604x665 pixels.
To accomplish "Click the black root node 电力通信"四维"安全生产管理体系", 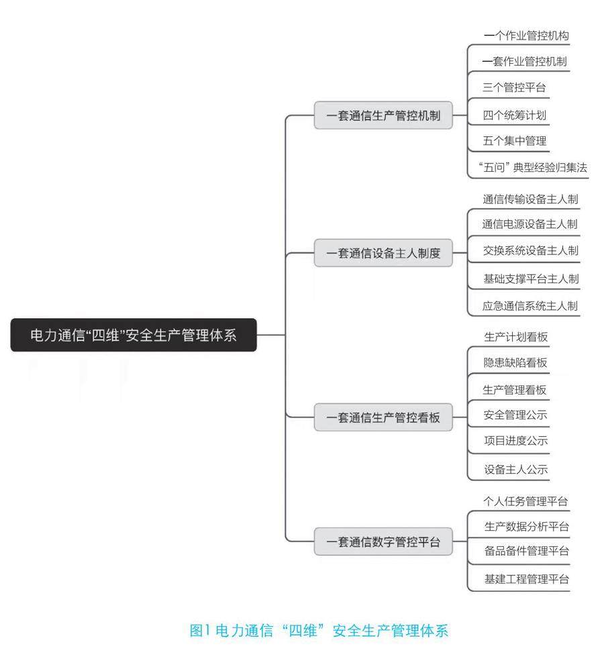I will tap(134, 335).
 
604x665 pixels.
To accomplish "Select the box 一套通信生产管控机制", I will tap(383, 115).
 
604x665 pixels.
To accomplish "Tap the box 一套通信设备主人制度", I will tap(383, 254).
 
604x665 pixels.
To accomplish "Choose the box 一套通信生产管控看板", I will tap(383, 417).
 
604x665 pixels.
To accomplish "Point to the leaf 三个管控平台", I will tap(514, 87).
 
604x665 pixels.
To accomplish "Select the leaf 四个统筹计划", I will tap(514, 115).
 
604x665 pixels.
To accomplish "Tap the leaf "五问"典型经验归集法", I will tap(534, 168).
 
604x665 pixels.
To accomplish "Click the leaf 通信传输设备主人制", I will tap(530, 199).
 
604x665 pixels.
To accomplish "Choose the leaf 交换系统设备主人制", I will tap(530, 251).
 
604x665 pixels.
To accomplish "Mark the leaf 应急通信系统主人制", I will tap(530, 306).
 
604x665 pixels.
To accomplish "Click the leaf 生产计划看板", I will tap(515, 337).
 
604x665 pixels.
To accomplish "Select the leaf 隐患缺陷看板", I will tap(515, 363).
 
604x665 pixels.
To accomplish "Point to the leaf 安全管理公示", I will tap(515, 415).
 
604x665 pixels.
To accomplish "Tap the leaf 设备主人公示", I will tap(515, 470).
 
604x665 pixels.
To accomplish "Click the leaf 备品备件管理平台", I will tap(526, 551).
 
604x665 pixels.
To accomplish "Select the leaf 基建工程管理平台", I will tap(526, 579).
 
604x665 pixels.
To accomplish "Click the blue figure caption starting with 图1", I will tap(318, 631).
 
